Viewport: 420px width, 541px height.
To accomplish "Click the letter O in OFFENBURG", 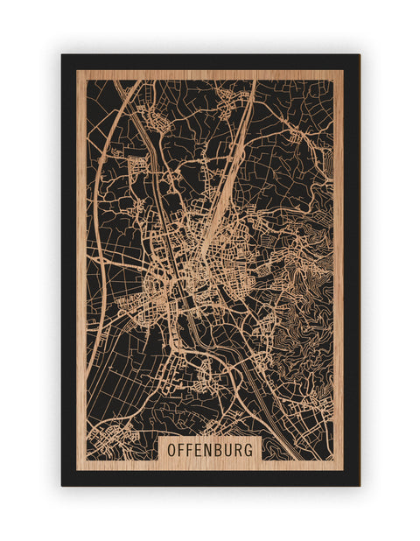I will [x=171, y=449].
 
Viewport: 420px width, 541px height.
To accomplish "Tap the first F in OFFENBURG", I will [x=183, y=449].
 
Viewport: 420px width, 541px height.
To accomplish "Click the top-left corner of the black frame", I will [x=62, y=55].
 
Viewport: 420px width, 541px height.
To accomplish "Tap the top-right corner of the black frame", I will [x=359, y=55].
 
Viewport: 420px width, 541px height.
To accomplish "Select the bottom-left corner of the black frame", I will [x=62, y=485].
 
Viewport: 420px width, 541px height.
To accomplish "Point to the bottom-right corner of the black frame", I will [x=359, y=485].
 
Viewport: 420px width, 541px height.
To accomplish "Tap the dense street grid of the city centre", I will [x=188, y=263].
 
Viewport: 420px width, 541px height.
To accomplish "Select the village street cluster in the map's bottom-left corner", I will [x=109, y=438].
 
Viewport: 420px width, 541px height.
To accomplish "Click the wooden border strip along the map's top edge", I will [x=210, y=74].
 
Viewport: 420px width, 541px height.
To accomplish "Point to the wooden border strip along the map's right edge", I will [x=339, y=263].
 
